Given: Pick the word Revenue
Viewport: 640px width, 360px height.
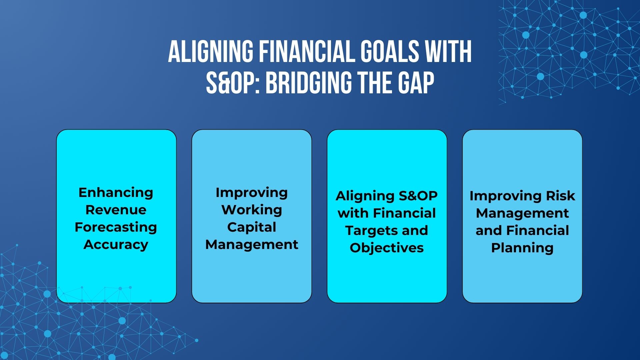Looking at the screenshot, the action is pos(116,210).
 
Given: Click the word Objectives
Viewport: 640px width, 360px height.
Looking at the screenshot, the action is pos(387,248).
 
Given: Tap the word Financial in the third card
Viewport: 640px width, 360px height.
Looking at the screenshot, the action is pos(404,213).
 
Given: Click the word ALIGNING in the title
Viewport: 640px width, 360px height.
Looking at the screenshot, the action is pos(211,52).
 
